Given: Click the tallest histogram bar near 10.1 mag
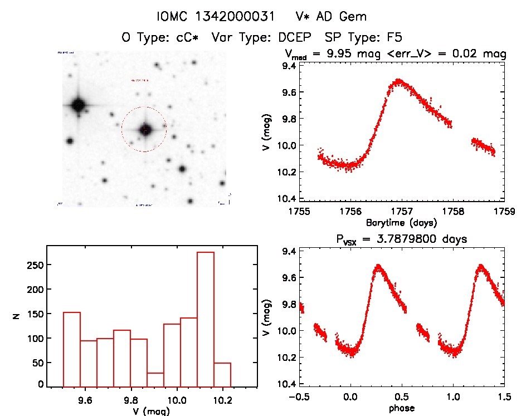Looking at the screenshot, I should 206,319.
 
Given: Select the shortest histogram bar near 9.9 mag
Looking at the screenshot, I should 155,379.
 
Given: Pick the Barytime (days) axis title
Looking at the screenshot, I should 401,222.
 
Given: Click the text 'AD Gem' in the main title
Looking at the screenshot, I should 346,17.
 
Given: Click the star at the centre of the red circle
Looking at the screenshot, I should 145,129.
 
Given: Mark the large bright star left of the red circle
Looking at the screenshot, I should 78,104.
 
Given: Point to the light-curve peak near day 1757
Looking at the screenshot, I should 398,81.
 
